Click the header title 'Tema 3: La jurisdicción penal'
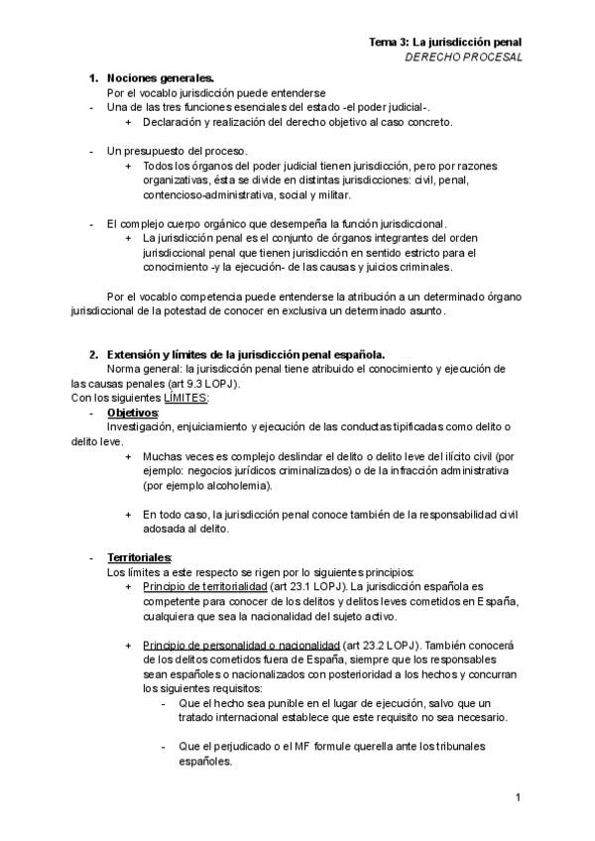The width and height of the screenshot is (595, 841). click(x=445, y=42)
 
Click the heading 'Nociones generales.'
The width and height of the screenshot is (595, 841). click(x=160, y=77)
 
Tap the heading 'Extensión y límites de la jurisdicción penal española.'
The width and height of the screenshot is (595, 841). click(x=246, y=354)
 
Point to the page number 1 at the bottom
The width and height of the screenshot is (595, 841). click(x=518, y=797)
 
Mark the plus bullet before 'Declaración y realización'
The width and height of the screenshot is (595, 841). click(x=128, y=122)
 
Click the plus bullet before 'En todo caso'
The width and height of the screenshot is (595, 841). click(x=128, y=515)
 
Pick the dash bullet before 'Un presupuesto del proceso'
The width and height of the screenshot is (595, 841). click(x=91, y=151)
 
